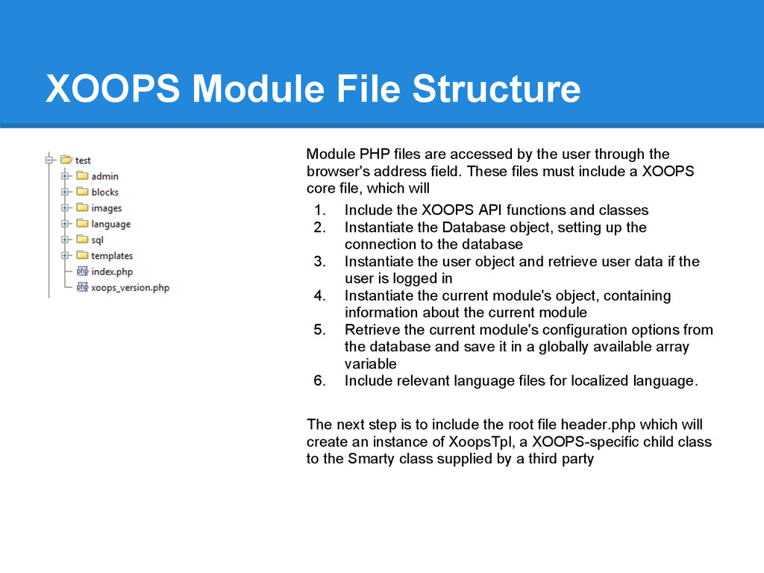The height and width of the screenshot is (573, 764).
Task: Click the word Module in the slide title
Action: point(258,89)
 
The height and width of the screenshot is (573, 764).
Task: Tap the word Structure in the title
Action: point(496,89)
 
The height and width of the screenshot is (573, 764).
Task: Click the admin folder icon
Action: point(82,175)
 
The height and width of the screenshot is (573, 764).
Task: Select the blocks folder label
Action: point(104,192)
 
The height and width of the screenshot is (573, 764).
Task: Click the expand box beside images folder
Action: point(65,207)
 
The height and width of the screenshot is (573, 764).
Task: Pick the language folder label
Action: point(110,224)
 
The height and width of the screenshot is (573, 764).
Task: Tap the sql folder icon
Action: point(82,239)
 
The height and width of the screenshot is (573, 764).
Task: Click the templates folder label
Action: point(112,256)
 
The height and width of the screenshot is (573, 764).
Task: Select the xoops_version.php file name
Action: point(130,287)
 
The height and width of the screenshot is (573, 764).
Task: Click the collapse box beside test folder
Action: point(48,160)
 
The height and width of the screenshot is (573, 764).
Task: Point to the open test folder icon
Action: point(66,160)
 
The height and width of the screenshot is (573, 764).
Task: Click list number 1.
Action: point(319,210)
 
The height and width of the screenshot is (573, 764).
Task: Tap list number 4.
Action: point(319,295)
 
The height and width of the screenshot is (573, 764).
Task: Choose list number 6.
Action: point(319,381)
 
